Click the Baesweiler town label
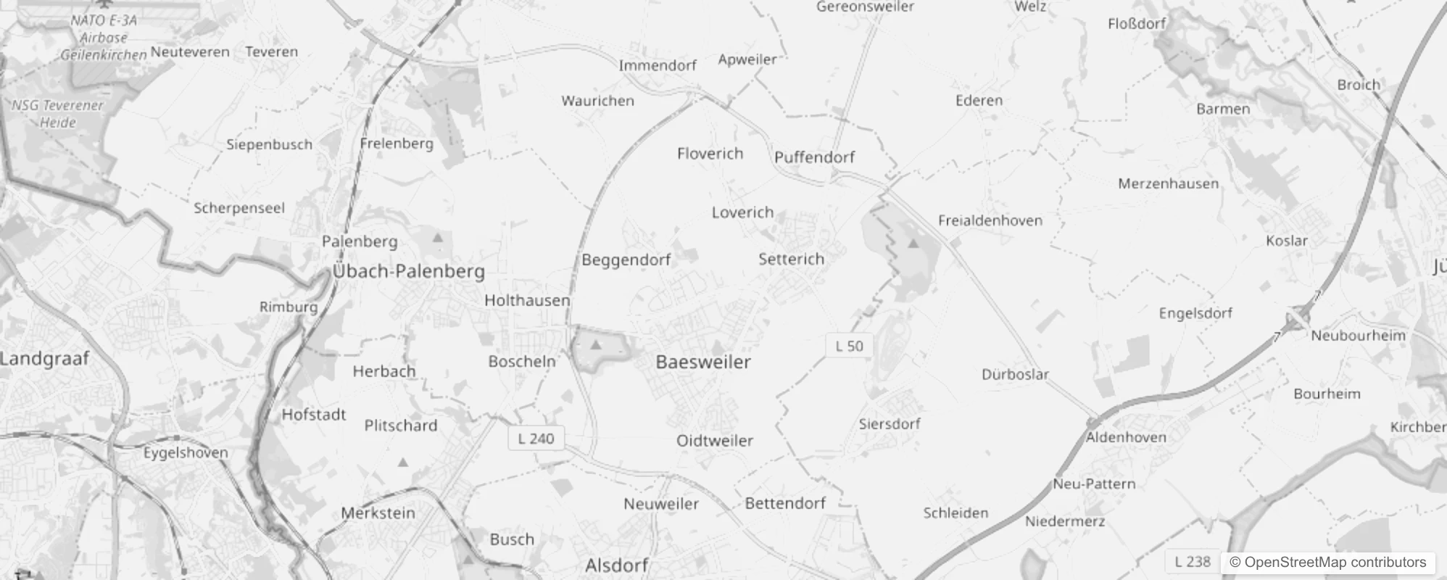coord(702,362)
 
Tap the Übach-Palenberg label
coord(409,271)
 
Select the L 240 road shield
coord(536,439)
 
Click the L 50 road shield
coord(849,346)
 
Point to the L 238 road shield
coord(1193,561)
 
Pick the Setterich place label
coord(791,259)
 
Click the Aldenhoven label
coord(1126,437)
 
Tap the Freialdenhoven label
coord(990,220)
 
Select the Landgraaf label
coord(45,358)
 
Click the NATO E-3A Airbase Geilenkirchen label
coord(104,38)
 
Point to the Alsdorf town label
coord(616,565)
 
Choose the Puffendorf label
coord(814,157)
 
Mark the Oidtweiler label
coord(714,441)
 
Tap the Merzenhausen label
coord(1168,183)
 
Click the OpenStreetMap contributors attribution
coord(1327,563)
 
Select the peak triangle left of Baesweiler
coord(596,344)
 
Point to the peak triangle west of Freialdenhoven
coord(913,243)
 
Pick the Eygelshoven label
coord(186,453)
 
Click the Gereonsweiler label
coord(865,7)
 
